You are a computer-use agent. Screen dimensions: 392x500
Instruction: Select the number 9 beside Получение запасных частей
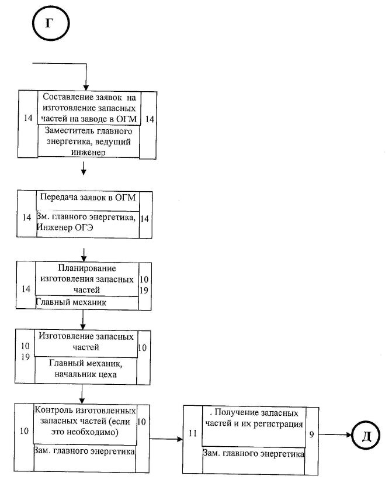point(311,435)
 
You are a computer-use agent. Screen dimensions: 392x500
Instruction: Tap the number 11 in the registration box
point(193,433)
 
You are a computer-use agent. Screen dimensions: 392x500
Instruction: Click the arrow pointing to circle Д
point(335,435)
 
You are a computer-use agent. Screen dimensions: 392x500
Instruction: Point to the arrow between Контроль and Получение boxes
point(166,439)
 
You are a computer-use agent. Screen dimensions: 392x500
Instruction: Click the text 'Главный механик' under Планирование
point(71,302)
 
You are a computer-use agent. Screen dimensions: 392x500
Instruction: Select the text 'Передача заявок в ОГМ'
point(88,198)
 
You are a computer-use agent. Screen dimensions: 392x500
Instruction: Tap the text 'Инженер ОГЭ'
point(65,227)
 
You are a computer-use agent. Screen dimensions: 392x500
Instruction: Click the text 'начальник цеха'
point(86,374)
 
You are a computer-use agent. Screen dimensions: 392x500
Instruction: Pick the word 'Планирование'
point(87,268)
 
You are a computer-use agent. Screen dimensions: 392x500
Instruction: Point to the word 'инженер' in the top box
point(88,153)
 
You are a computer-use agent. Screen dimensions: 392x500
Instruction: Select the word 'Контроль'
point(54,410)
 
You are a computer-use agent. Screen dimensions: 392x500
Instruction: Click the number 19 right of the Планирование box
point(144,291)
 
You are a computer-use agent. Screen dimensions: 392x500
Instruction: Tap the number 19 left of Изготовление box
point(26,357)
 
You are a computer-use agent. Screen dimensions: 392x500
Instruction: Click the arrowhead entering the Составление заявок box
point(86,88)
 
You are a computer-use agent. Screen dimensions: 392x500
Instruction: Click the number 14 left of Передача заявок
point(27,218)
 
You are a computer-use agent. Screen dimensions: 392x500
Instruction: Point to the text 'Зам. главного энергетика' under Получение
point(254,454)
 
